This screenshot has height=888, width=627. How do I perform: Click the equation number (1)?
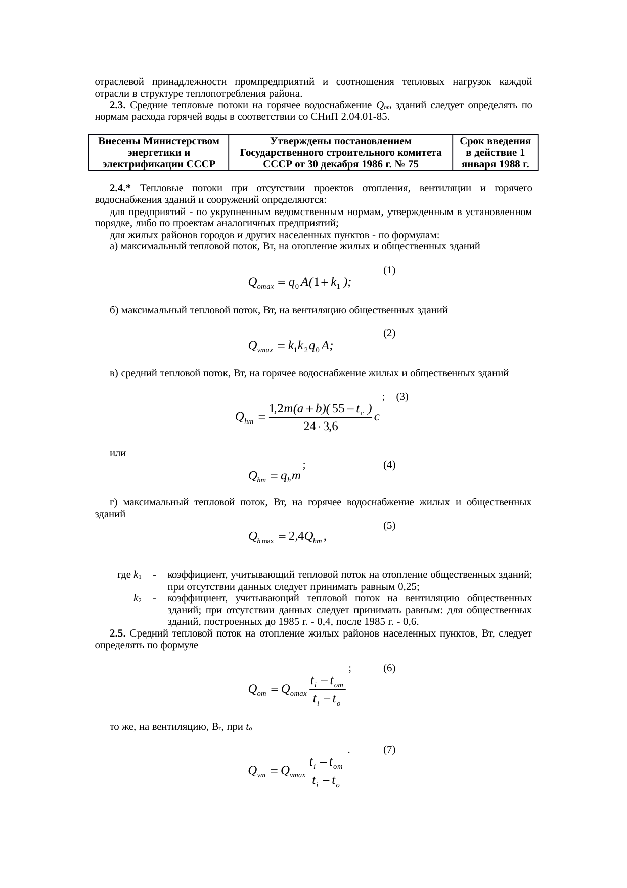coord(389,270)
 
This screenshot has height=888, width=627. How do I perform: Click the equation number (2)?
coord(389,333)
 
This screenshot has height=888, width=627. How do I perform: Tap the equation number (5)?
coord(389,526)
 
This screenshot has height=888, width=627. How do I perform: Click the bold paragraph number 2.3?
coord(117,106)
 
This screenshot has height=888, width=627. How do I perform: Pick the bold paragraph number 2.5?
coord(117,633)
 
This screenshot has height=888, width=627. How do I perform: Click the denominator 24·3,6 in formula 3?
coord(320,427)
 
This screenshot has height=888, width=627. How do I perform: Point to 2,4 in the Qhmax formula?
coord(296,536)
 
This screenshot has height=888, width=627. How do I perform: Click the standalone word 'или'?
coord(118,454)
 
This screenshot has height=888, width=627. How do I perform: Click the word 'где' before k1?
coord(124,575)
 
